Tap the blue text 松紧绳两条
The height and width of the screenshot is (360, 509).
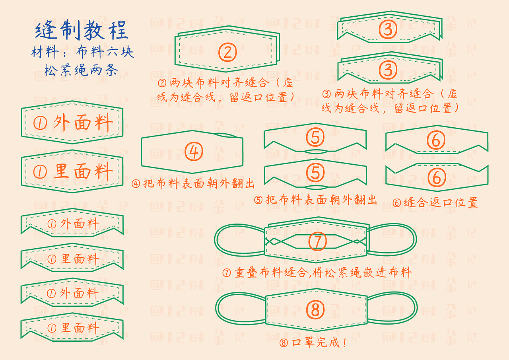pyautogui.click(x=81, y=71)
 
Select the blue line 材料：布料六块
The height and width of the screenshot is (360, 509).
pyautogui.click(x=82, y=53)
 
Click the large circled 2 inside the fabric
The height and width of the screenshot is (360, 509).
pyautogui.click(x=227, y=52)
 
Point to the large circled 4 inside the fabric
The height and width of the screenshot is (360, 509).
pyautogui.click(x=194, y=152)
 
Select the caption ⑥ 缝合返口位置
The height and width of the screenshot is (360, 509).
pyautogui.click(x=435, y=202)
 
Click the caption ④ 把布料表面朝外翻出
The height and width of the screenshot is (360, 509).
pyautogui.click(x=193, y=183)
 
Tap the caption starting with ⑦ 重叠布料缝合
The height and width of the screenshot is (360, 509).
pyautogui.click(x=317, y=273)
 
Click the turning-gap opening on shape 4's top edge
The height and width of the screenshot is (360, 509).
pyautogui.click(x=227, y=135)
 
